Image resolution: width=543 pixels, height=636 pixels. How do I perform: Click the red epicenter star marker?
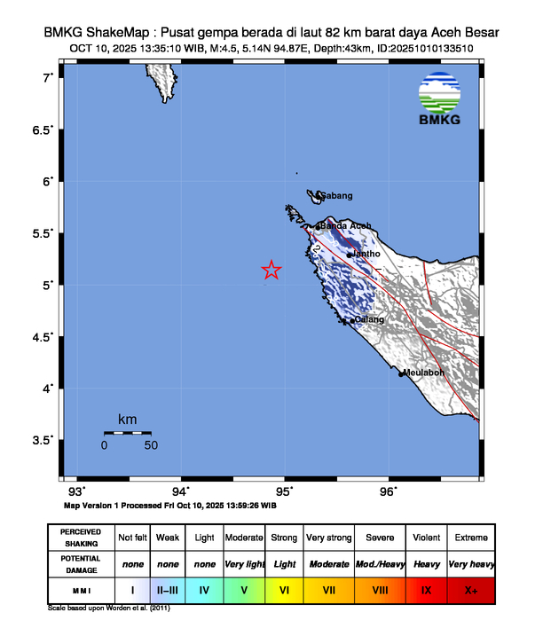[x=271, y=271]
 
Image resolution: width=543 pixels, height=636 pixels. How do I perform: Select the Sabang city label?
[x=336, y=196]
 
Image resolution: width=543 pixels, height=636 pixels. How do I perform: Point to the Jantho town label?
[x=366, y=255]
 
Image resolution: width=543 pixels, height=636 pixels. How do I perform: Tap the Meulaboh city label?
[x=423, y=373]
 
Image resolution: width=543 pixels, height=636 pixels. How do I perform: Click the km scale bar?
[x=127, y=433]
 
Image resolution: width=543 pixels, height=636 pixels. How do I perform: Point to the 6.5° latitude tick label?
[x=42, y=130]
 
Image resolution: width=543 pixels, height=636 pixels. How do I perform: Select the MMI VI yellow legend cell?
[x=285, y=589]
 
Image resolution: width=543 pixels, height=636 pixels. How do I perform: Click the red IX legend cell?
[x=427, y=589]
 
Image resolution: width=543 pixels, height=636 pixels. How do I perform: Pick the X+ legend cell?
[x=471, y=589]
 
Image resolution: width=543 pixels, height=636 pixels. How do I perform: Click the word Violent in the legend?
[x=427, y=538]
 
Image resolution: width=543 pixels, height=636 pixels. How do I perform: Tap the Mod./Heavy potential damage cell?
[x=380, y=563]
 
